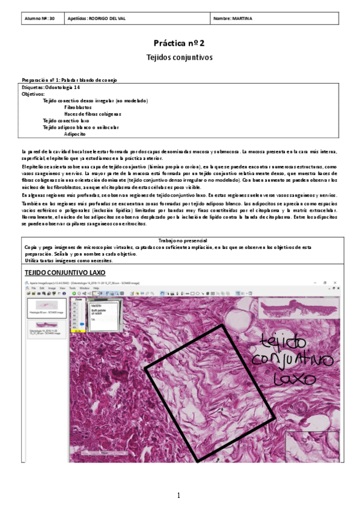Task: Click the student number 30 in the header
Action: pos(52,19)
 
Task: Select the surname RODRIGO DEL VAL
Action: pos(105,19)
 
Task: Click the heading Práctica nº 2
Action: pos(180,43)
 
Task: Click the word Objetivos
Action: pos(33,94)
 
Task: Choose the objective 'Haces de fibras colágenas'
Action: pos(93,114)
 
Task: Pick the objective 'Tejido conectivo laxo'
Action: pos(66,120)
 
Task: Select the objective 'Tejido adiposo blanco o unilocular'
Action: pos(81,127)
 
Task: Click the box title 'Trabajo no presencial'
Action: pos(179,241)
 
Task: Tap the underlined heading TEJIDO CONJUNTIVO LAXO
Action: pos(64,272)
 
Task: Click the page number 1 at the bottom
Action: pos(179,496)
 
